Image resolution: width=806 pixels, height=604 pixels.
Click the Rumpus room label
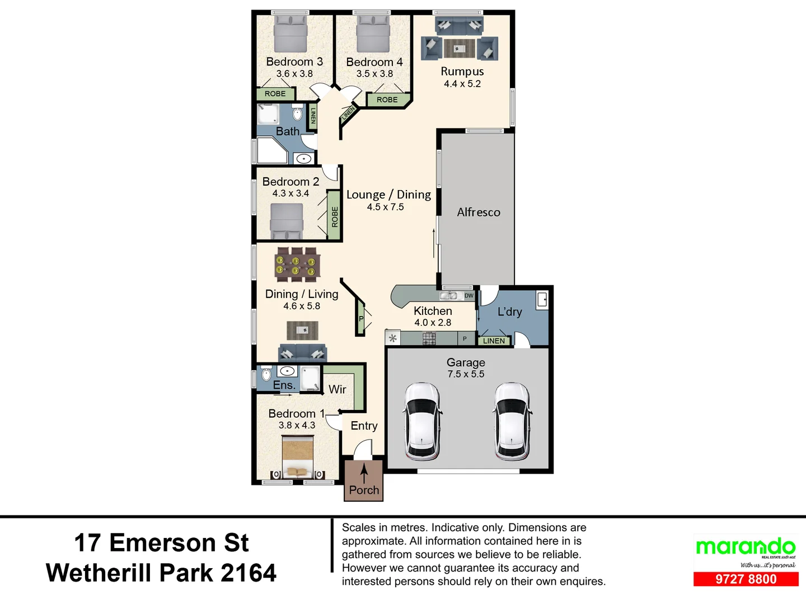click(462, 72)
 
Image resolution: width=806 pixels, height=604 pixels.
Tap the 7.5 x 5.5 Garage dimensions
click(466, 374)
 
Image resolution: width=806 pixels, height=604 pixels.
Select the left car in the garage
click(421, 421)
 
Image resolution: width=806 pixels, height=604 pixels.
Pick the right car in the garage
click(512, 421)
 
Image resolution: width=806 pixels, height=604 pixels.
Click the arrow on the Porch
click(364, 473)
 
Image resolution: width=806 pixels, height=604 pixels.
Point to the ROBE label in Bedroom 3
click(275, 94)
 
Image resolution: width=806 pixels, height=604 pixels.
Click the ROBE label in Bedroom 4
click(387, 100)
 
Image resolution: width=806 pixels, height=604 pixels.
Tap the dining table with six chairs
click(297, 265)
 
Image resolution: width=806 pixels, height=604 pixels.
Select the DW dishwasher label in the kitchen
click(468, 295)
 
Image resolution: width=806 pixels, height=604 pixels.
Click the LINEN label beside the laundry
click(493, 341)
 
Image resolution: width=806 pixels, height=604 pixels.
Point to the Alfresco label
click(479, 212)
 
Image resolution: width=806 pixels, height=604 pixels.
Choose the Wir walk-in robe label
click(337, 389)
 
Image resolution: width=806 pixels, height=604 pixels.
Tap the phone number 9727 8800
click(746, 579)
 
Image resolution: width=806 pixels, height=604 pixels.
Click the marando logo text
click(745, 546)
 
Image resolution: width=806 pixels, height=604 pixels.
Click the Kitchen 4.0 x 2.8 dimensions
click(433, 323)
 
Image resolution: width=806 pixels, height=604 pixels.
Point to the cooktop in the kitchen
click(429, 338)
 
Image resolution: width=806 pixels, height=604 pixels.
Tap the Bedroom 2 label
click(290, 182)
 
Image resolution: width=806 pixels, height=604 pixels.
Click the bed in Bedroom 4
click(373, 35)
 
